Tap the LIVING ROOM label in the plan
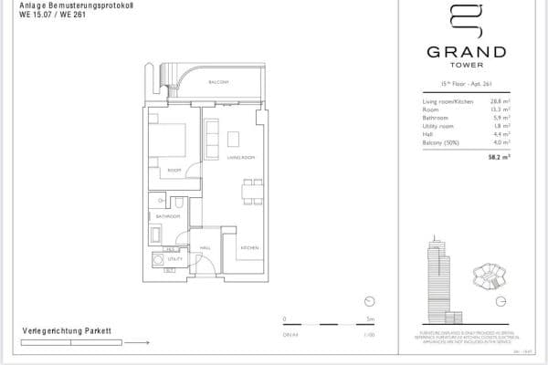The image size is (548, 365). [x=239, y=158]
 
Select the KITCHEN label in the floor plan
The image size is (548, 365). [x=250, y=248]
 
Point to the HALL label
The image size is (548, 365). [x=205, y=246]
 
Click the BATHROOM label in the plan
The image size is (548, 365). [x=167, y=216]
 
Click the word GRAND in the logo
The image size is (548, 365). [x=467, y=52]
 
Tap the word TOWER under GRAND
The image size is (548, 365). [x=467, y=66]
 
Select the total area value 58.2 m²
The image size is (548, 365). [x=496, y=156]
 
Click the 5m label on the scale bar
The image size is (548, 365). [x=370, y=319]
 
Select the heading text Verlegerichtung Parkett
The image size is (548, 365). [x=67, y=329]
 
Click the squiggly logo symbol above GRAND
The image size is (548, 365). [x=467, y=23]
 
